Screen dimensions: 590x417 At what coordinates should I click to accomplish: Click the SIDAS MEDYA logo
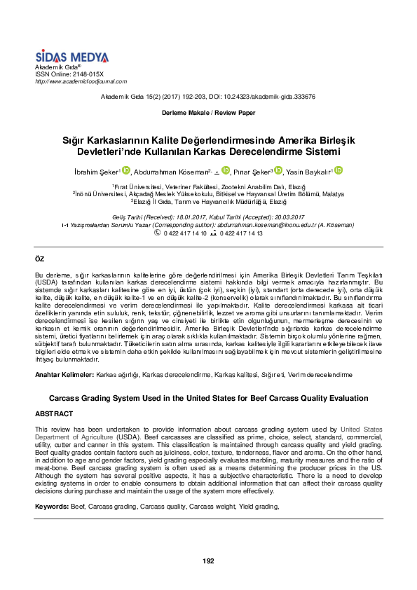tap(71, 57)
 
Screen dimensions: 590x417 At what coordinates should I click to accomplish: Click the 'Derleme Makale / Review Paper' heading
tap(208, 113)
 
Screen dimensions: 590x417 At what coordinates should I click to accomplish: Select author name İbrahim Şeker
tap(98, 171)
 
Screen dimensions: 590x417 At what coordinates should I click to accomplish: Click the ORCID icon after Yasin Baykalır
tap(338, 170)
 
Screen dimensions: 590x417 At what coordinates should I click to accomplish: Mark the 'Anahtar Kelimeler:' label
tap(64, 375)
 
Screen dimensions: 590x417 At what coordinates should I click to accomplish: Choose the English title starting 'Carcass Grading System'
tap(208, 398)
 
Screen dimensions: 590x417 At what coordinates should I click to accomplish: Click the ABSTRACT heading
tap(54, 414)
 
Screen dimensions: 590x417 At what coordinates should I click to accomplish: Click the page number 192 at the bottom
tap(208, 561)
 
